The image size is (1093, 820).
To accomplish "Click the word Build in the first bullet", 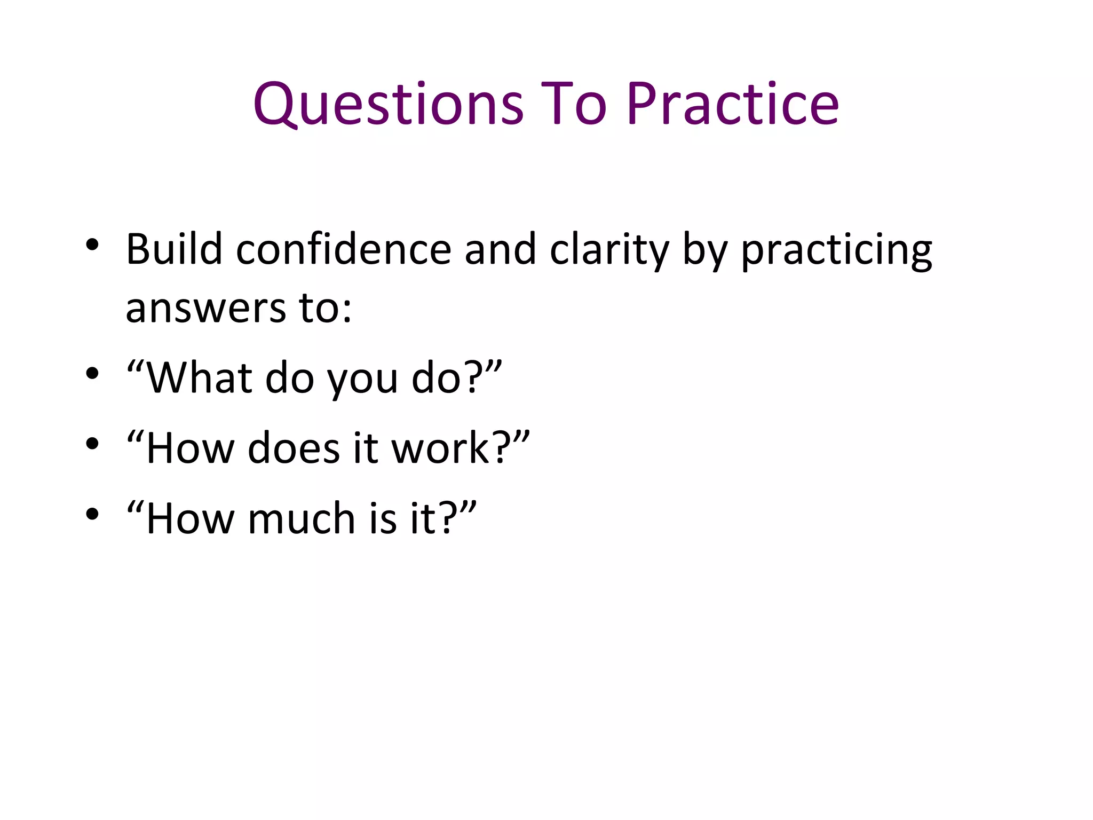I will (x=174, y=249).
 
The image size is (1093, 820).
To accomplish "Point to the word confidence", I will (x=344, y=249).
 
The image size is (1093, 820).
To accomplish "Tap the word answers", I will (x=206, y=309).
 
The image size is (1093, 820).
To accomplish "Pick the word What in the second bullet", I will (x=199, y=378).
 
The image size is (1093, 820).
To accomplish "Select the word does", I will (x=294, y=448).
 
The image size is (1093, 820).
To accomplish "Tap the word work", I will (x=441, y=448).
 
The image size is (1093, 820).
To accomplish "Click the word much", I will (x=302, y=518).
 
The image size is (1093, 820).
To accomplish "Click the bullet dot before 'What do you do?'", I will (x=92, y=374).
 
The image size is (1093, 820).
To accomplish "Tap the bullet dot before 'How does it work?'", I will (x=92, y=444).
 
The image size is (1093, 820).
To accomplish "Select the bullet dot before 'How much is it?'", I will (x=92, y=514).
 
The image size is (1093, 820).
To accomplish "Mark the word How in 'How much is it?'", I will (x=190, y=518).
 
